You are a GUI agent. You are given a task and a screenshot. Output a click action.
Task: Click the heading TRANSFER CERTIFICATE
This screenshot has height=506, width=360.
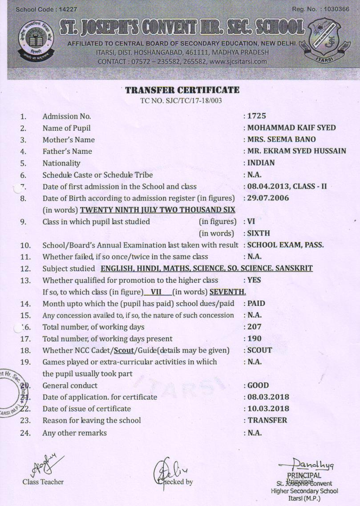coord(182,90)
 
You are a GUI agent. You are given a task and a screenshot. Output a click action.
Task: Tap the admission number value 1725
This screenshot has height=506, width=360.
coord(257,116)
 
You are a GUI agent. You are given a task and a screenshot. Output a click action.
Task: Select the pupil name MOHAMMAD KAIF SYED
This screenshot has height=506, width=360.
coord(291,128)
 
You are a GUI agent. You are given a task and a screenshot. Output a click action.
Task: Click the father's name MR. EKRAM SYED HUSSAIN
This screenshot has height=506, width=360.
coord(297,151)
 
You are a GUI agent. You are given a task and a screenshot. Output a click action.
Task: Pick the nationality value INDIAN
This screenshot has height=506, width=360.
coord(261,163)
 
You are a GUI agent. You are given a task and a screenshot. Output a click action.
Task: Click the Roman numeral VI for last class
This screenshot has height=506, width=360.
coord(251,221)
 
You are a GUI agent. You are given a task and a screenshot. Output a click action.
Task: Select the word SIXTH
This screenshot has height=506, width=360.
coord(259,233)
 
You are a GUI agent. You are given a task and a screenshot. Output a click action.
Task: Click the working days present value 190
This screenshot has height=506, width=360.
coord(255,339)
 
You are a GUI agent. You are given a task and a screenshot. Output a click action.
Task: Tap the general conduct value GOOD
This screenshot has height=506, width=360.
coord(258,386)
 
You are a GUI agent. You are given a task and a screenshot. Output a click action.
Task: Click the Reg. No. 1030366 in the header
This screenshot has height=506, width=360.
coord(334,9)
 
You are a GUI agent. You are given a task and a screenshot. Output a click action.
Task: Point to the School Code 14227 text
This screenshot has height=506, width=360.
coord(40,9)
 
